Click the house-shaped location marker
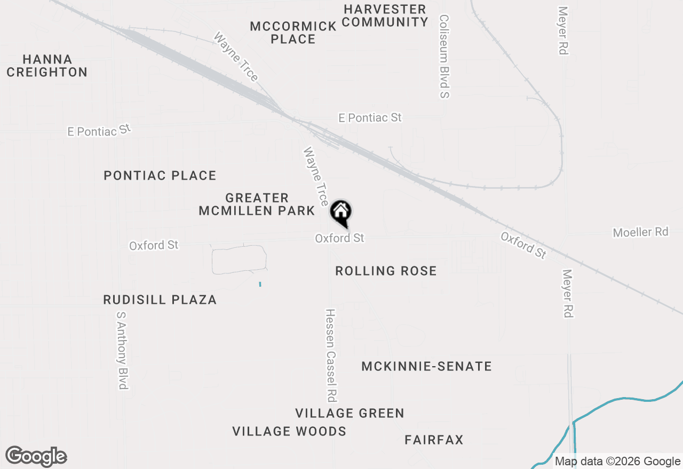pos(340,213)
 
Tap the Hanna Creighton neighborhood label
pos(47,66)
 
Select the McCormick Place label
pos(293,33)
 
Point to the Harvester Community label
pos(385,16)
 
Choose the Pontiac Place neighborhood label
pos(160,175)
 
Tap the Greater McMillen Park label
pos(257,204)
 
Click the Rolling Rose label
pos(386,271)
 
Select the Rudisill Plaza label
pos(160,300)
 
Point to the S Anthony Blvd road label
pos(123,350)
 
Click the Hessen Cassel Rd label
pos(331,355)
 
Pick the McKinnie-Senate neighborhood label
pos(426,366)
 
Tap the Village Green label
pos(350,413)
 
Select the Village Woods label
pos(289,431)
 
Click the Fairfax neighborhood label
pos(434,440)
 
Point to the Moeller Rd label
pos(640,232)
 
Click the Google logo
pos(36,456)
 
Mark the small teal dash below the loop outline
pos(260,284)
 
